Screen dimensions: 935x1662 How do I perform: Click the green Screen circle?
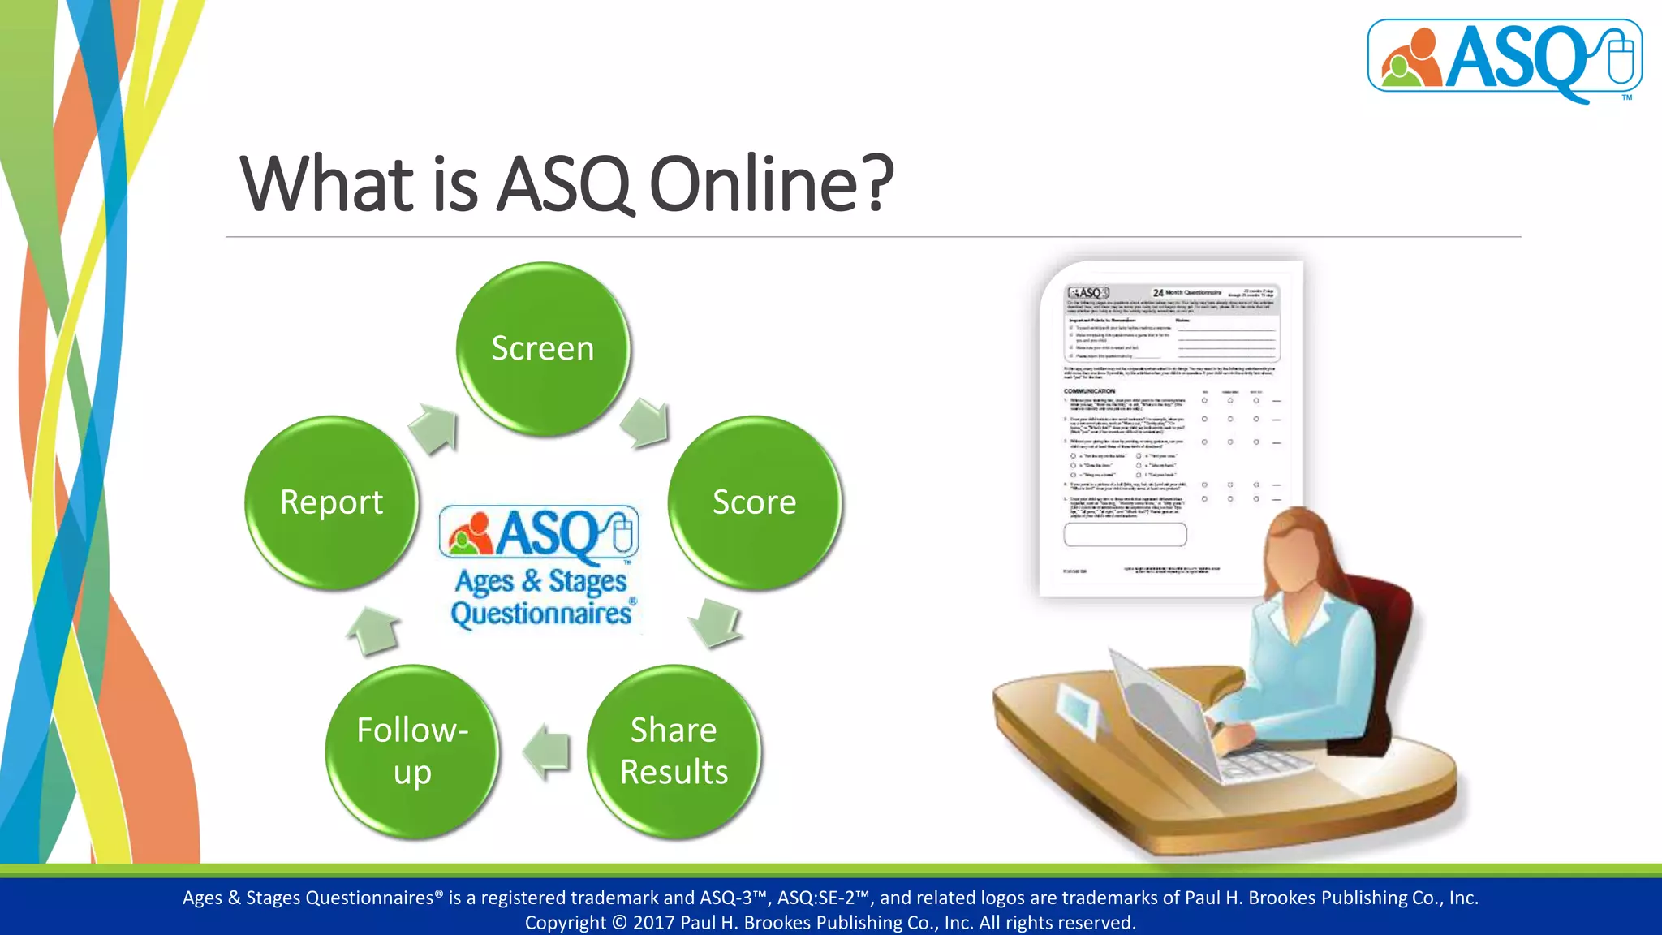(x=542, y=349)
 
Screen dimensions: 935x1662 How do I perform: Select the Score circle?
(x=755, y=502)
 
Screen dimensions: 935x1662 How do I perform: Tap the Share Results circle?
(x=674, y=752)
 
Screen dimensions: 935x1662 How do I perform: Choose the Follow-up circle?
(x=412, y=752)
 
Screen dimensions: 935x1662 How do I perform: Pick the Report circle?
(x=331, y=502)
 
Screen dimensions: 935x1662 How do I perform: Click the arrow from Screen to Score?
(x=647, y=422)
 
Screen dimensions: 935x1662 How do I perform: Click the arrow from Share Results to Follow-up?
(x=546, y=752)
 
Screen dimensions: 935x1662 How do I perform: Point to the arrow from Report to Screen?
(x=435, y=428)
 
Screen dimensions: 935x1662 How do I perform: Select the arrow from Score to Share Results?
(x=716, y=623)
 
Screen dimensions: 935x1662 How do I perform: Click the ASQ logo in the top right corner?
(x=1505, y=58)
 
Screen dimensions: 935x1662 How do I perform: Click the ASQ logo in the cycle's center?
(x=540, y=535)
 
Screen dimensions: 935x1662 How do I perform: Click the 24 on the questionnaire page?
(x=1158, y=293)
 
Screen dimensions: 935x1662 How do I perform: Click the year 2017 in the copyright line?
(x=654, y=923)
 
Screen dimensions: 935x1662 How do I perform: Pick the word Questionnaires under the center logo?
(x=541, y=614)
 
